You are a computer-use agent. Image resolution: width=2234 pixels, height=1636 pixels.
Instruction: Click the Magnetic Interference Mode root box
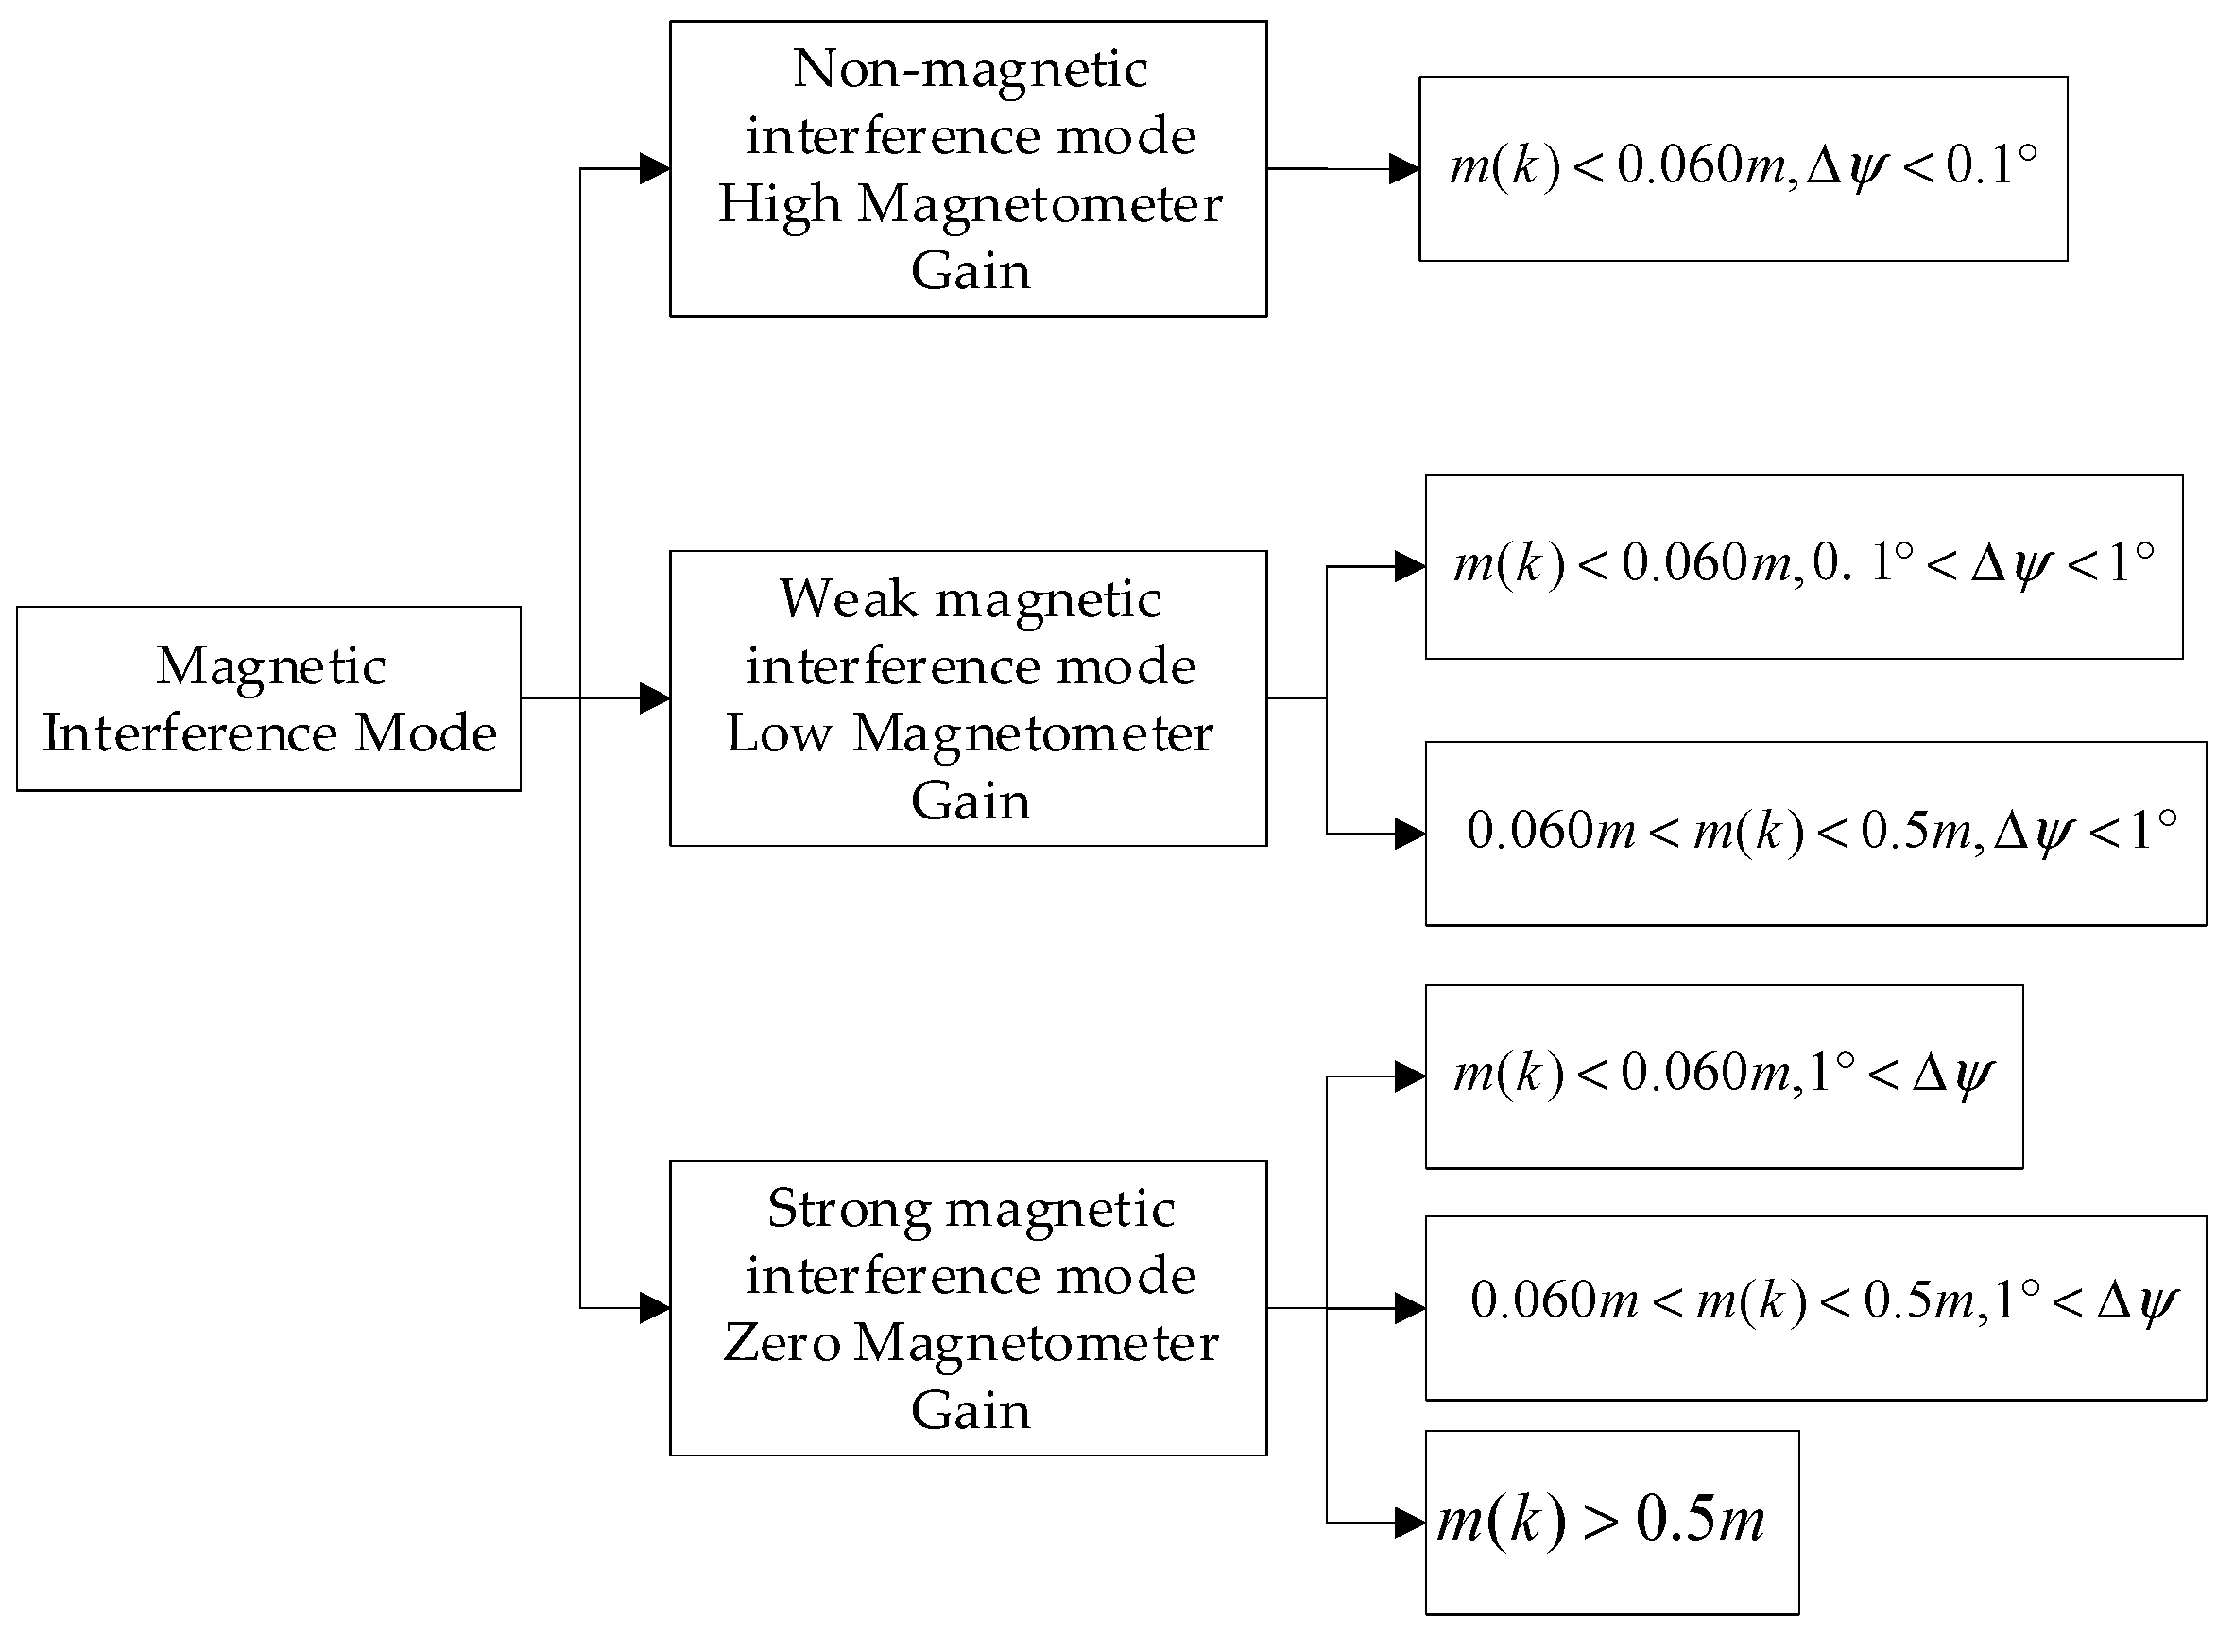268,698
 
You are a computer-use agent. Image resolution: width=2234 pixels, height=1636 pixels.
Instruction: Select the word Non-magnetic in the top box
970,69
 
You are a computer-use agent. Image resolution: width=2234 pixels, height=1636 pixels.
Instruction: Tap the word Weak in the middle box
848,599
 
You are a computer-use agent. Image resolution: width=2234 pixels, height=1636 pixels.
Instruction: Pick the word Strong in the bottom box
849,1209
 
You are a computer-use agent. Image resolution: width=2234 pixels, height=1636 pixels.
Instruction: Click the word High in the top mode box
779,205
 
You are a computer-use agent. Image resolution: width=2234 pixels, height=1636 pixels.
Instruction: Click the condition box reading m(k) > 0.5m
1611,1523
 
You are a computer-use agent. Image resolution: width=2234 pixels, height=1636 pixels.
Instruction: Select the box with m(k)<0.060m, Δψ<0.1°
1743,168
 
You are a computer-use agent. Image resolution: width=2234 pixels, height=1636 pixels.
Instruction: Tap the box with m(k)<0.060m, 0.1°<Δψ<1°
1803,566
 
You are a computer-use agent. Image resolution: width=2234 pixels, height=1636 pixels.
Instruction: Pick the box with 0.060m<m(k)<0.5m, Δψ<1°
1815,834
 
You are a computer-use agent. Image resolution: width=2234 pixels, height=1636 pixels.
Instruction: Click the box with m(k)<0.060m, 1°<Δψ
1723,1076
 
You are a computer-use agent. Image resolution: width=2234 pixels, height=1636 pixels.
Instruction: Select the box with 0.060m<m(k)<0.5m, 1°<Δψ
1815,1308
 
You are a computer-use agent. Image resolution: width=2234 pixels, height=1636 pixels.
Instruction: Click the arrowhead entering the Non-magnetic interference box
655,169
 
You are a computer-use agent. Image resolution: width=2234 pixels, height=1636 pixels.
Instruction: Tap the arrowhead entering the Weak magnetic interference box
655,698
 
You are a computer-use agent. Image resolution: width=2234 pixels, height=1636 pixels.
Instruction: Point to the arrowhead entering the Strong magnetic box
655,1308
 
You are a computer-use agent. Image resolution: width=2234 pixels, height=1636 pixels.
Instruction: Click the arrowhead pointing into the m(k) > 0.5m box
1409,1523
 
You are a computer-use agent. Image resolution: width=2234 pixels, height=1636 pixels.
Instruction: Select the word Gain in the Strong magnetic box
970,1411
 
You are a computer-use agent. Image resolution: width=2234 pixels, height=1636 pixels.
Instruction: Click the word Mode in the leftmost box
426,733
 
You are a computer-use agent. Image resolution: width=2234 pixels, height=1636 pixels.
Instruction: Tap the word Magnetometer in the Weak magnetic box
1032,734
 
